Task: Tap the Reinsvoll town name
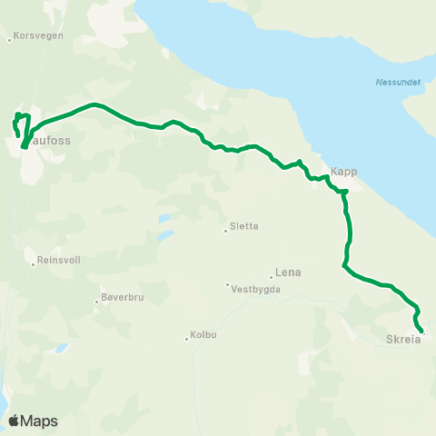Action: [x=59, y=260]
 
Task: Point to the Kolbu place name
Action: [x=204, y=335]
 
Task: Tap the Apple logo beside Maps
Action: [x=15, y=421]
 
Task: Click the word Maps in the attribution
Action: [x=40, y=421]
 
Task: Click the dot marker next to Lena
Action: [x=272, y=276]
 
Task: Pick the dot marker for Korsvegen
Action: [x=9, y=39]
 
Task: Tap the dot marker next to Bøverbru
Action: [x=97, y=302]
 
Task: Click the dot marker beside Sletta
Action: [x=226, y=230]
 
